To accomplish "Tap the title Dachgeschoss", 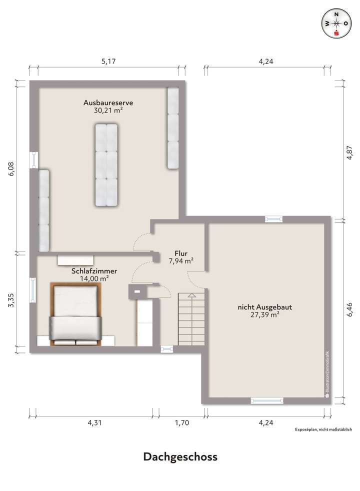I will pos(180,456).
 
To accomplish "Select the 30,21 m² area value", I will pos(108,111).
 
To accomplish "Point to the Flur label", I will pos(180,253).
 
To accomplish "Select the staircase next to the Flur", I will pos(190,318).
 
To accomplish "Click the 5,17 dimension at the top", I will pos(108,62).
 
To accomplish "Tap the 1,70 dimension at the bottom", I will pos(181,423).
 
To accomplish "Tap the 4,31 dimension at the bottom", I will pos(94,423).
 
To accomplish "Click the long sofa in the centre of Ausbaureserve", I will pos(105,165).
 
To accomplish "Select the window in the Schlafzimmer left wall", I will pos(33,290).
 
